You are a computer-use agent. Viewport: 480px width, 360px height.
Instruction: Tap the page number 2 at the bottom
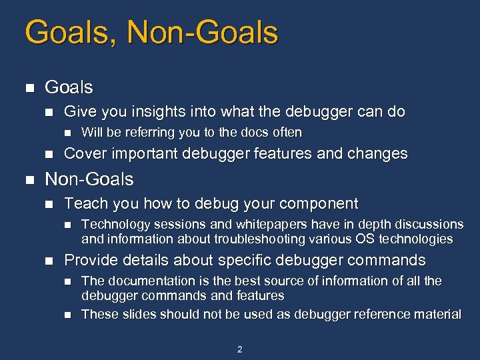click(239, 349)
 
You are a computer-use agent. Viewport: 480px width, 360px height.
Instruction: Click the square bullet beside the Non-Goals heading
click(28, 180)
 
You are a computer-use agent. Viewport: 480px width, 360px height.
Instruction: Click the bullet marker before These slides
click(69, 315)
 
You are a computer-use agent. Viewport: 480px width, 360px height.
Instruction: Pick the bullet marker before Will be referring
click(69, 133)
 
